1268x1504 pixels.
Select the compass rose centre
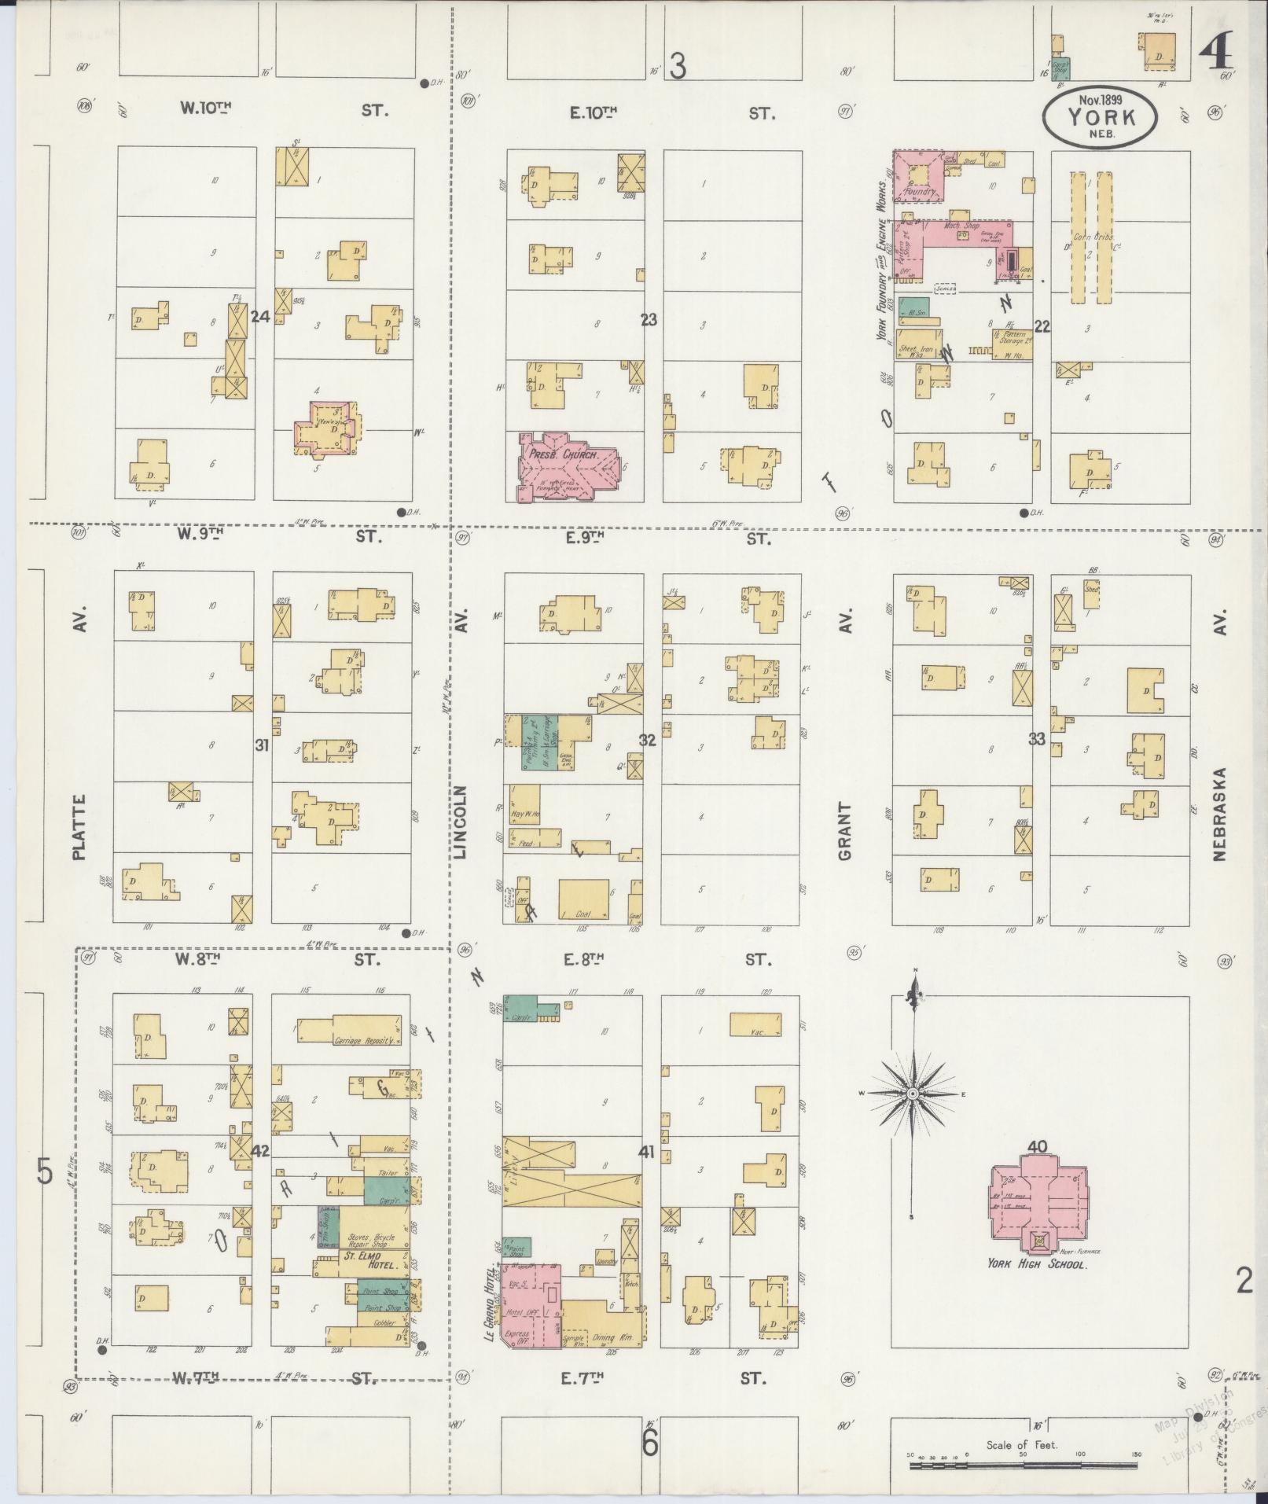pos(913,1094)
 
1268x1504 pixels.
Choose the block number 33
pos(1038,738)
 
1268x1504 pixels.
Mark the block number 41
pos(646,1152)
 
